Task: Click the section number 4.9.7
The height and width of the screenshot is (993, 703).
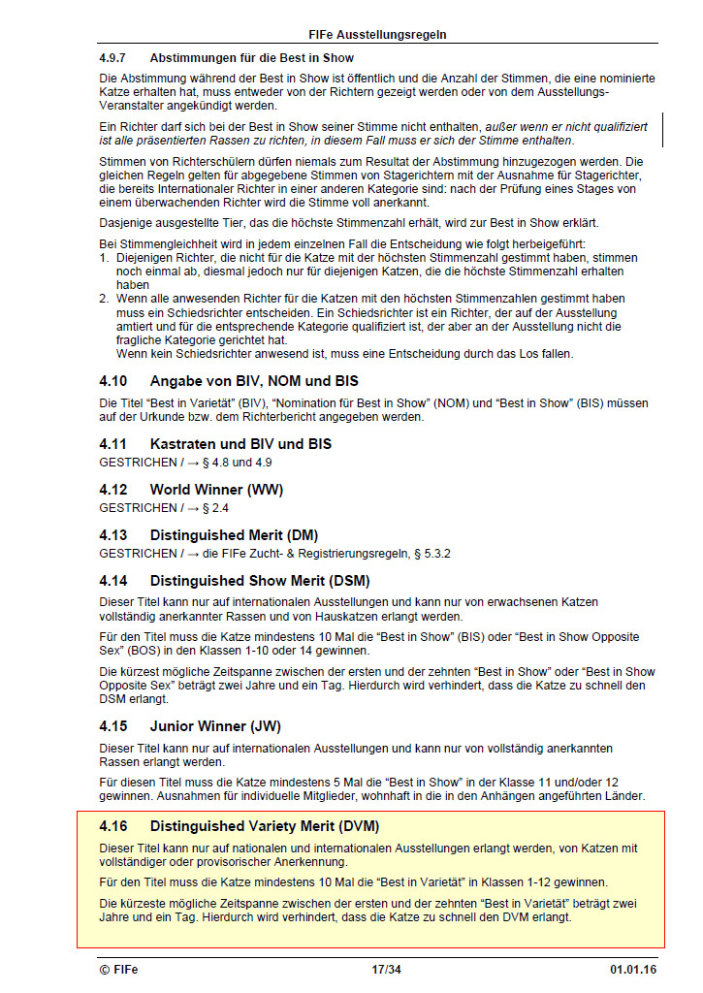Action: tap(115, 58)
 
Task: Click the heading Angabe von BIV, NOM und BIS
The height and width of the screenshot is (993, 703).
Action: tap(254, 381)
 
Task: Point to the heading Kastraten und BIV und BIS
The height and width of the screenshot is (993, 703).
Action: tap(240, 444)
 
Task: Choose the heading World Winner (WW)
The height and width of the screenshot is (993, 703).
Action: tap(216, 490)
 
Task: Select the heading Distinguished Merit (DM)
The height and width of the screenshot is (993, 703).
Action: tap(234, 535)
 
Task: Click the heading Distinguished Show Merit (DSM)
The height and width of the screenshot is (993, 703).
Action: tap(260, 581)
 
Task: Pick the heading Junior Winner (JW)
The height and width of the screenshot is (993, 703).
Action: tap(215, 726)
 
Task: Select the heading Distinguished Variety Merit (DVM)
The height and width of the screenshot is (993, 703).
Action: tap(264, 826)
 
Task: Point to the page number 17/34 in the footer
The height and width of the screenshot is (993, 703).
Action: tap(386, 969)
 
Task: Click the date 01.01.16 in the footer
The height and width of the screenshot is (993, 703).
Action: tap(633, 969)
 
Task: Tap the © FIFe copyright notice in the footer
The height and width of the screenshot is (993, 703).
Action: tap(118, 969)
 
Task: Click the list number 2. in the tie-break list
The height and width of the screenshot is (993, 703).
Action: tap(103, 299)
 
